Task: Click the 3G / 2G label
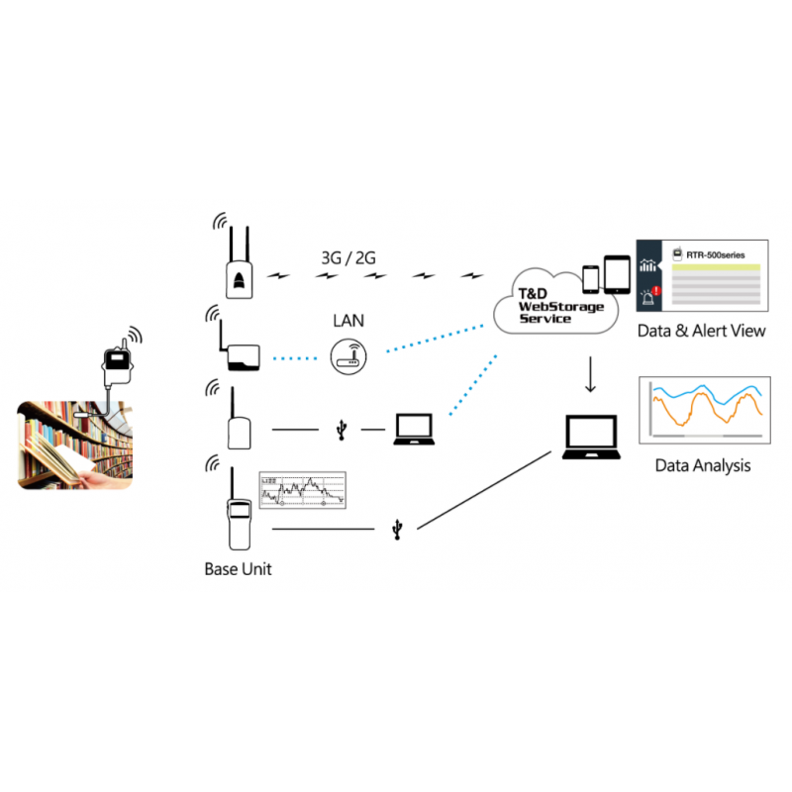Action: click(x=347, y=258)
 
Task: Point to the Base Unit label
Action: click(x=238, y=569)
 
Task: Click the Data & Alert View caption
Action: click(x=701, y=331)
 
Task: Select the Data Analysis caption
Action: click(x=702, y=465)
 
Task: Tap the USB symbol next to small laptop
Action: click(x=342, y=430)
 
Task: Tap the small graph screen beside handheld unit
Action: click(x=302, y=490)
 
